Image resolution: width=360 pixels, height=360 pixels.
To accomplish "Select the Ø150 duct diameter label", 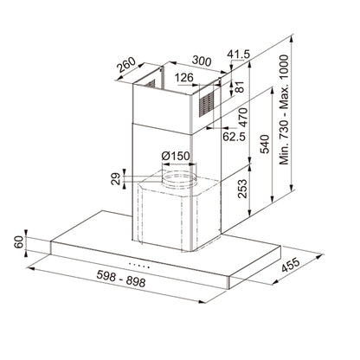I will pos(177,156).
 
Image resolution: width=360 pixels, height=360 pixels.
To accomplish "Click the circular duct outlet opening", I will pos(178,178).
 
